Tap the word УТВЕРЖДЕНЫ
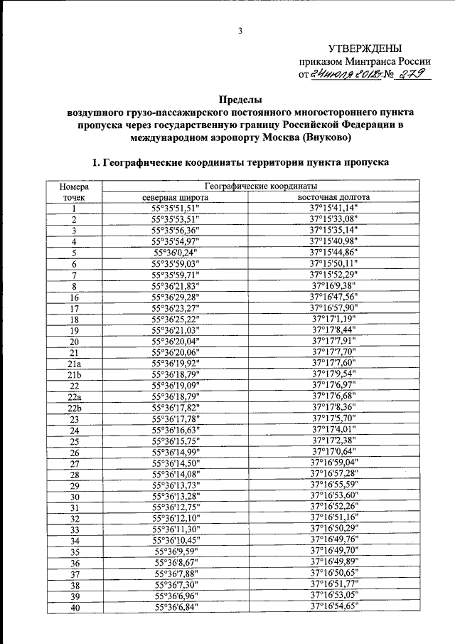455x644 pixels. coord(359,48)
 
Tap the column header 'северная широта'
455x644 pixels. coord(175,197)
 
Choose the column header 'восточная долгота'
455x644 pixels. coord(333,197)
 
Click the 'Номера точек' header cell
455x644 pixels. coord(74,191)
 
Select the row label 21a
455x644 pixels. coord(74,363)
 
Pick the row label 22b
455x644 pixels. coord(74,407)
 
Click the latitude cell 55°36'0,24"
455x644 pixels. coord(175,253)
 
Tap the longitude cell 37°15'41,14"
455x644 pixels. coord(333,208)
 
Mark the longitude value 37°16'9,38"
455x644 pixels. coord(333,286)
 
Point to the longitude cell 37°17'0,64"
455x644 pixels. coord(333,451)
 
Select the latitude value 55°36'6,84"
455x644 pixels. coord(175,606)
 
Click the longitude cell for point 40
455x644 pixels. coord(333,606)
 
